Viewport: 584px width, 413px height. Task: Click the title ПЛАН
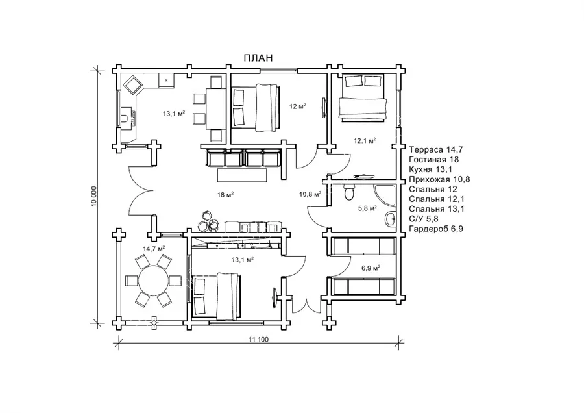coord(258,58)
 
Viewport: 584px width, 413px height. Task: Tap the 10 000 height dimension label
coord(94,195)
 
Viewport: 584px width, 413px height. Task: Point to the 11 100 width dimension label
coord(258,339)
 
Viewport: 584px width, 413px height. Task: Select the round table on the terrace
coord(153,281)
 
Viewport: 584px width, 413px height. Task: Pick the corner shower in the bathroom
coord(385,195)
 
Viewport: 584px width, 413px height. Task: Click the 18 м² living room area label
coord(225,195)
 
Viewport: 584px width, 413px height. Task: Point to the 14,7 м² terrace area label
coord(154,249)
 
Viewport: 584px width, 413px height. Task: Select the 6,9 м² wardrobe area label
coord(371,268)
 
